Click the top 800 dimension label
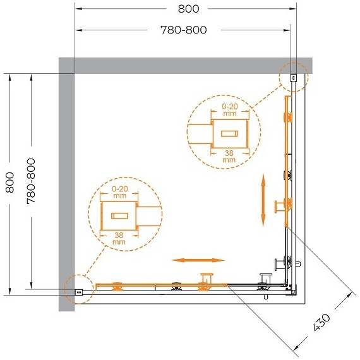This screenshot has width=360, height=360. pos(188,9)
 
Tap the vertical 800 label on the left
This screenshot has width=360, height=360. pos(9,183)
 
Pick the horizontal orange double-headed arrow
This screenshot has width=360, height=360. pos(199,260)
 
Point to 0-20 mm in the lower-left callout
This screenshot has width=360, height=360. pos(119,192)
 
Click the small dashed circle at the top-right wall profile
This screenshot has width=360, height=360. pos(294,77)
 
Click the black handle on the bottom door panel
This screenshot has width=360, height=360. pos(266,280)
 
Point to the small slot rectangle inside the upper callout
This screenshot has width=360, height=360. pos(229,134)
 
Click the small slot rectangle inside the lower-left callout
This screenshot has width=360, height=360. pos(119,215)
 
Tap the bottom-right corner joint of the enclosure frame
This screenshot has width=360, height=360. pos(292,290)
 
